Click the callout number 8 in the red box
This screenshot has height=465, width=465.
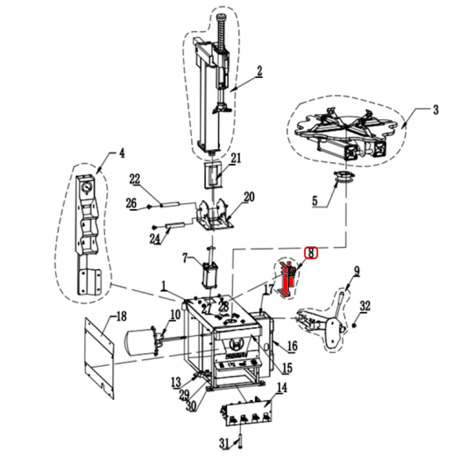pyautogui.click(x=311, y=253)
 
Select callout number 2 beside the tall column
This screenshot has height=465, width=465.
pyautogui.click(x=259, y=71)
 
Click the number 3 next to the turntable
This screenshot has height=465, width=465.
pyautogui.click(x=435, y=110)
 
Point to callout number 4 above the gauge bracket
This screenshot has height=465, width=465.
pyautogui.click(x=121, y=153)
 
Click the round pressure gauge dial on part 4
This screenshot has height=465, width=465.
pyautogui.click(x=86, y=188)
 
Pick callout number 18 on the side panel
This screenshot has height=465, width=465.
pyautogui.click(x=121, y=316)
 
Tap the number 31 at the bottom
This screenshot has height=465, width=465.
pyautogui.click(x=224, y=443)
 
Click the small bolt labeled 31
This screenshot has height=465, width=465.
pyautogui.click(x=239, y=442)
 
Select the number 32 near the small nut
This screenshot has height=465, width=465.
pyautogui.click(x=365, y=306)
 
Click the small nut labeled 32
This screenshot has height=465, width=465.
pyautogui.click(x=354, y=325)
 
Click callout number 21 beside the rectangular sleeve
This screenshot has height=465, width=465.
pyautogui.click(x=236, y=158)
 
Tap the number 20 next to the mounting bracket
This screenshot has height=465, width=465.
pyautogui.click(x=249, y=197)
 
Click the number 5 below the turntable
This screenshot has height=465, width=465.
pyautogui.click(x=314, y=201)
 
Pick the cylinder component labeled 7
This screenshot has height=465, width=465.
pyautogui.click(x=210, y=273)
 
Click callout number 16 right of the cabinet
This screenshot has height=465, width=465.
pyautogui.click(x=292, y=346)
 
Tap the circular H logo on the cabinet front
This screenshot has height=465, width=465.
pyautogui.click(x=237, y=344)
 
